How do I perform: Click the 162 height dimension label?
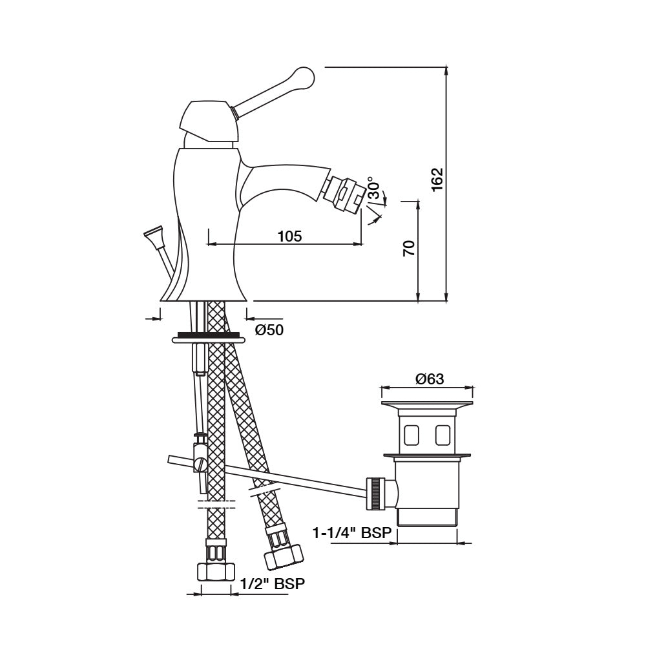[x=437, y=180]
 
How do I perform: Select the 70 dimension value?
[x=409, y=248]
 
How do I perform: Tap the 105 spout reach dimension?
[x=289, y=236]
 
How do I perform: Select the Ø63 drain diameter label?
[x=430, y=379]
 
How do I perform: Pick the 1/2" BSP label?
[x=272, y=583]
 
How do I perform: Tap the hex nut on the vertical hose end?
[x=214, y=571]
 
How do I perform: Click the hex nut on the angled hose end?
[x=284, y=554]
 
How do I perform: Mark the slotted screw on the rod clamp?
[x=200, y=463]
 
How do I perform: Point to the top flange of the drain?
[x=428, y=405]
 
